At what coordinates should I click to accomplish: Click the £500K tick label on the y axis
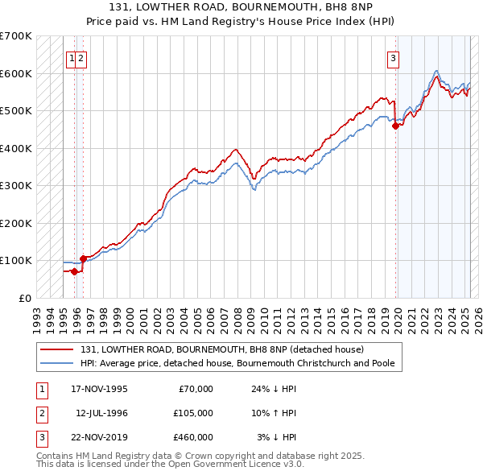16,111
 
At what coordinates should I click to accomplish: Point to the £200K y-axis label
16,223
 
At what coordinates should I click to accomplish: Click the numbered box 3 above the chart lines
393,57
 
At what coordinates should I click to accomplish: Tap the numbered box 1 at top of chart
72,57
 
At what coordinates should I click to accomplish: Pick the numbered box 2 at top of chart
82,57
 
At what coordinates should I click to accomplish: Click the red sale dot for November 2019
396,126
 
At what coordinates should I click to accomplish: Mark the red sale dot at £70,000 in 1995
75,271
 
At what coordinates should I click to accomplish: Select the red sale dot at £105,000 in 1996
83,258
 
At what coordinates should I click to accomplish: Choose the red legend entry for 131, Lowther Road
222,349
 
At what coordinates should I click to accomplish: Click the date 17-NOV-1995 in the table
99,389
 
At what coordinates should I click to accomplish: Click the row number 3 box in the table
41,437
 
